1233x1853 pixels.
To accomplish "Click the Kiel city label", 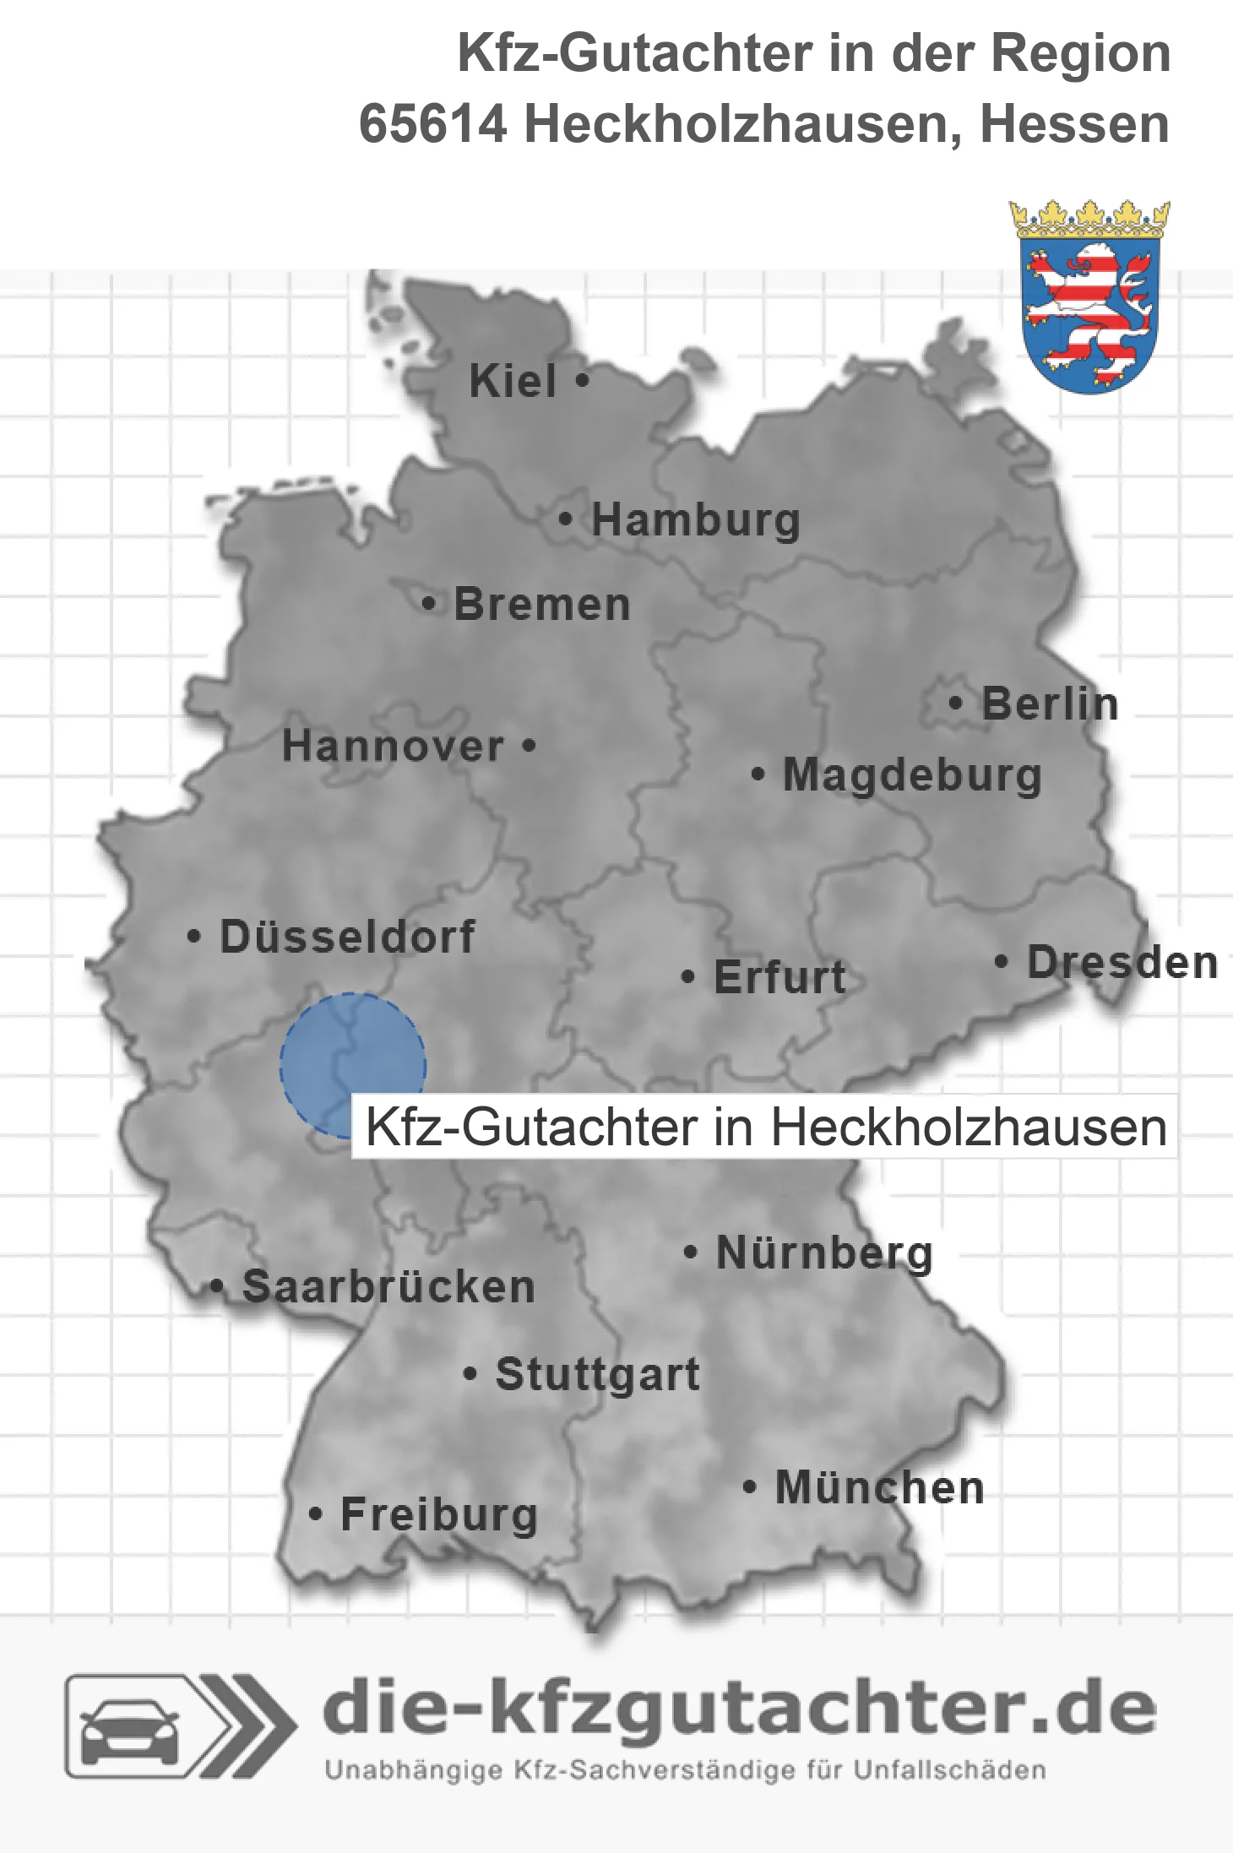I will coord(513,381).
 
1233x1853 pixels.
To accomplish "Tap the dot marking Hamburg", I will coord(566,519).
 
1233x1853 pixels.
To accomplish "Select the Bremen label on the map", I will coord(542,605).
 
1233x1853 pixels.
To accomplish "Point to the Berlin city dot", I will coord(956,703).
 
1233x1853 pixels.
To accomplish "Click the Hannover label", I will coord(393,746).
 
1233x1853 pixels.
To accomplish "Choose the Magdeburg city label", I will coord(912,774).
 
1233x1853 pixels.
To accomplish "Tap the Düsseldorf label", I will coord(347,937).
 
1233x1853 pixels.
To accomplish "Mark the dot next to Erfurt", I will coord(688,977).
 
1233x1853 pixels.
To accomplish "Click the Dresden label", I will coord(1122,962).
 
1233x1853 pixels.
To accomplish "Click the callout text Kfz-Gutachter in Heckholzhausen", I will coord(765,1127).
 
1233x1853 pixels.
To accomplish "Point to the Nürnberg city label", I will coord(824,1253).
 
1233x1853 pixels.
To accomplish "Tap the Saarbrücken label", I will coord(388,1287).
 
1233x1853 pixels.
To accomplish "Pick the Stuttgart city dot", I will coord(470,1373).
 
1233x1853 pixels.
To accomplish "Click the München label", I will coord(880,1487).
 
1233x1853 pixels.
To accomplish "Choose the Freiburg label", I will coord(439,1514).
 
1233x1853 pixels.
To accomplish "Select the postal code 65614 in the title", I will coord(433,124).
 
